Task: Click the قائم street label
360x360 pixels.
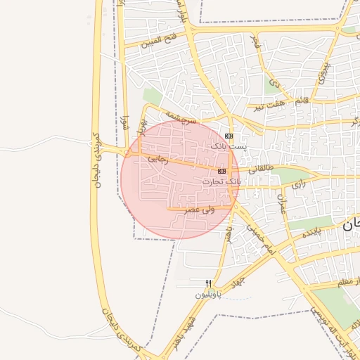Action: [x=301, y=101]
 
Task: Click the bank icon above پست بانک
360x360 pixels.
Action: [x=228, y=136]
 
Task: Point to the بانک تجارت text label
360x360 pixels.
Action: [x=221, y=181]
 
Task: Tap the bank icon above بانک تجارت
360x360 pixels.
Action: [x=222, y=171]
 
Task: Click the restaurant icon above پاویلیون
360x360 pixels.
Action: [x=209, y=284]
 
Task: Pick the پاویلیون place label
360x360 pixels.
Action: [x=209, y=295]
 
